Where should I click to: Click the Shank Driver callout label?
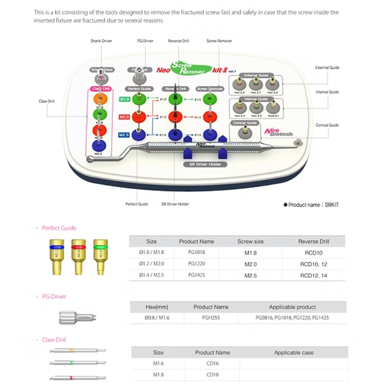coord(101,41)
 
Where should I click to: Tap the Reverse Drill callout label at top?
coord(178,41)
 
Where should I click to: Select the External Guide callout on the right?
coord(327,68)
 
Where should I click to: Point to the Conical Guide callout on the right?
coord(327,125)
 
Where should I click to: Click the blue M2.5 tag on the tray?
coord(124,135)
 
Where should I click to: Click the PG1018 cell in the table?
coord(196,253)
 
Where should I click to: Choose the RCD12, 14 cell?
coord(313,275)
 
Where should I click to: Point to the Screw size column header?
coord(250,242)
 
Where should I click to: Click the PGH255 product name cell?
coord(211,318)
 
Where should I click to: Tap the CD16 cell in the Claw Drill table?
coord(212,363)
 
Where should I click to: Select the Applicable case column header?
coord(294,353)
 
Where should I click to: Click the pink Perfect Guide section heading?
coord(59,228)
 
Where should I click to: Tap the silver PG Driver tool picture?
coord(75,317)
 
